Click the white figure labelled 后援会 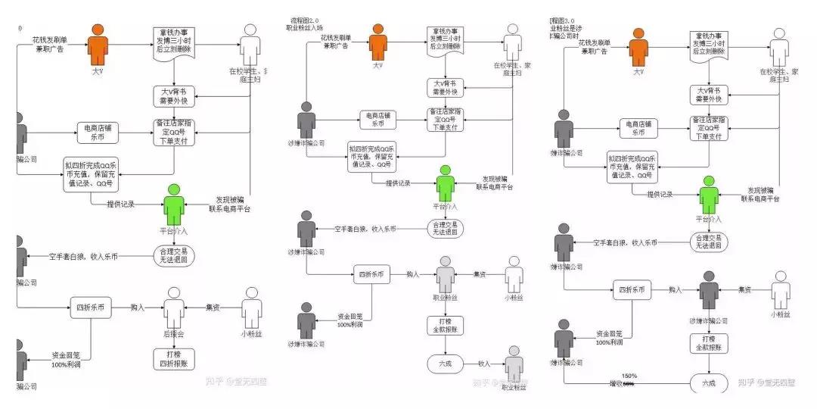click(175, 307)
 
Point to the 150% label click(629, 376)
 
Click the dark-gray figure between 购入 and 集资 click(708, 288)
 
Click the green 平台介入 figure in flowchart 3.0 click(709, 195)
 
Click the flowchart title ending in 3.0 click(562, 19)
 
